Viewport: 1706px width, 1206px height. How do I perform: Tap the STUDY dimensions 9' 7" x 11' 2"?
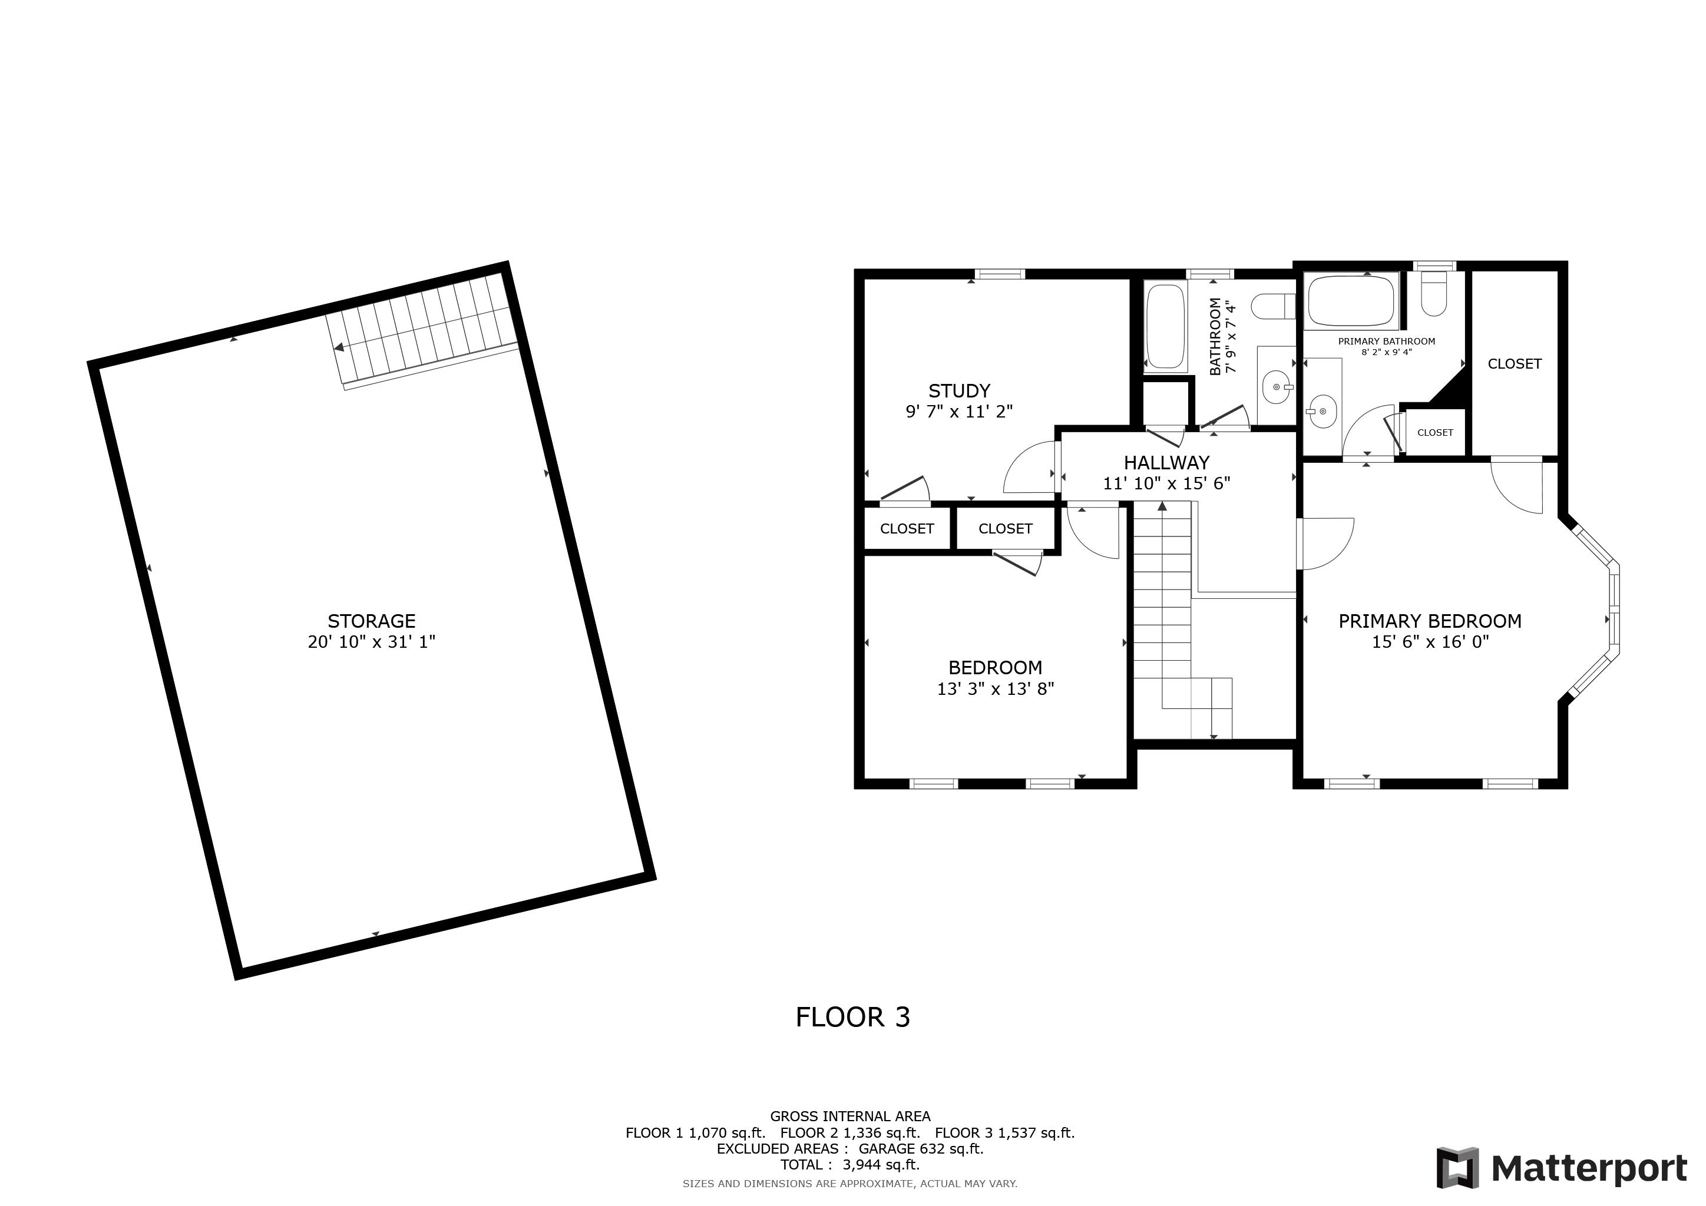pyautogui.click(x=958, y=412)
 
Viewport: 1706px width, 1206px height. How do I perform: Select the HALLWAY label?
pyautogui.click(x=1166, y=463)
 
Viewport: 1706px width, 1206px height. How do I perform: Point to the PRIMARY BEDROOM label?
pyautogui.click(x=1429, y=621)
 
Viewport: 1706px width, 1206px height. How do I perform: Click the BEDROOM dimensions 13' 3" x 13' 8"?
pyautogui.click(x=995, y=689)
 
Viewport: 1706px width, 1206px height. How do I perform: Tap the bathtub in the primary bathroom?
pyautogui.click(x=1351, y=300)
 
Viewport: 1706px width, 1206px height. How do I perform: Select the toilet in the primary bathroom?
pyautogui.click(x=1433, y=296)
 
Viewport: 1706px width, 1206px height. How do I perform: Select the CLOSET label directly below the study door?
pyautogui.click(x=907, y=529)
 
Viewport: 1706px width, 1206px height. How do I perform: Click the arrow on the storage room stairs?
pyautogui.click(x=339, y=347)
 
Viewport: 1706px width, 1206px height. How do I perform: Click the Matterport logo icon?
pyautogui.click(x=1457, y=1168)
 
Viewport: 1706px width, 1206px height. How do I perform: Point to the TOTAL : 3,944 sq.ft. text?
pyautogui.click(x=849, y=1164)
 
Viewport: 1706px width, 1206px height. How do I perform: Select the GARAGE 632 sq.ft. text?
pyautogui.click(x=921, y=1149)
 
